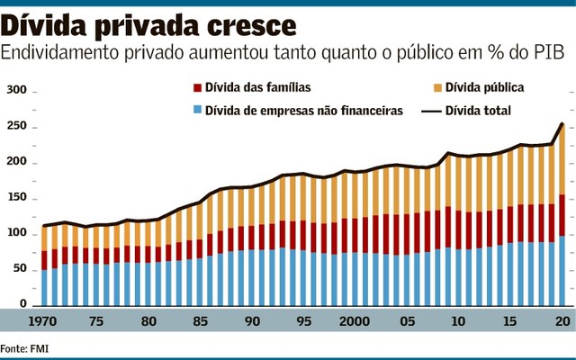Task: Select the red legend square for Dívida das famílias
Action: coord(196,88)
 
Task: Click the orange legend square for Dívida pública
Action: coord(437,88)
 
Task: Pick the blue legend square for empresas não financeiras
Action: coord(196,111)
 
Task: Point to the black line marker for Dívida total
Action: coord(437,111)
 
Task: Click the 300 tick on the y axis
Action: coord(17,92)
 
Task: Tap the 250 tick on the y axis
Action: coord(17,128)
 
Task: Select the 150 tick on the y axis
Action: coord(17,198)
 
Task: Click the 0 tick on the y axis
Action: coord(24,304)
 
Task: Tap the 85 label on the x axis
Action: coord(200,322)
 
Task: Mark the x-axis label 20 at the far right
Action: coord(562,322)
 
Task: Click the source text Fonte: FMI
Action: coord(25,347)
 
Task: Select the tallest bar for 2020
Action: coord(562,216)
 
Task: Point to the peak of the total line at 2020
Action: coord(562,124)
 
